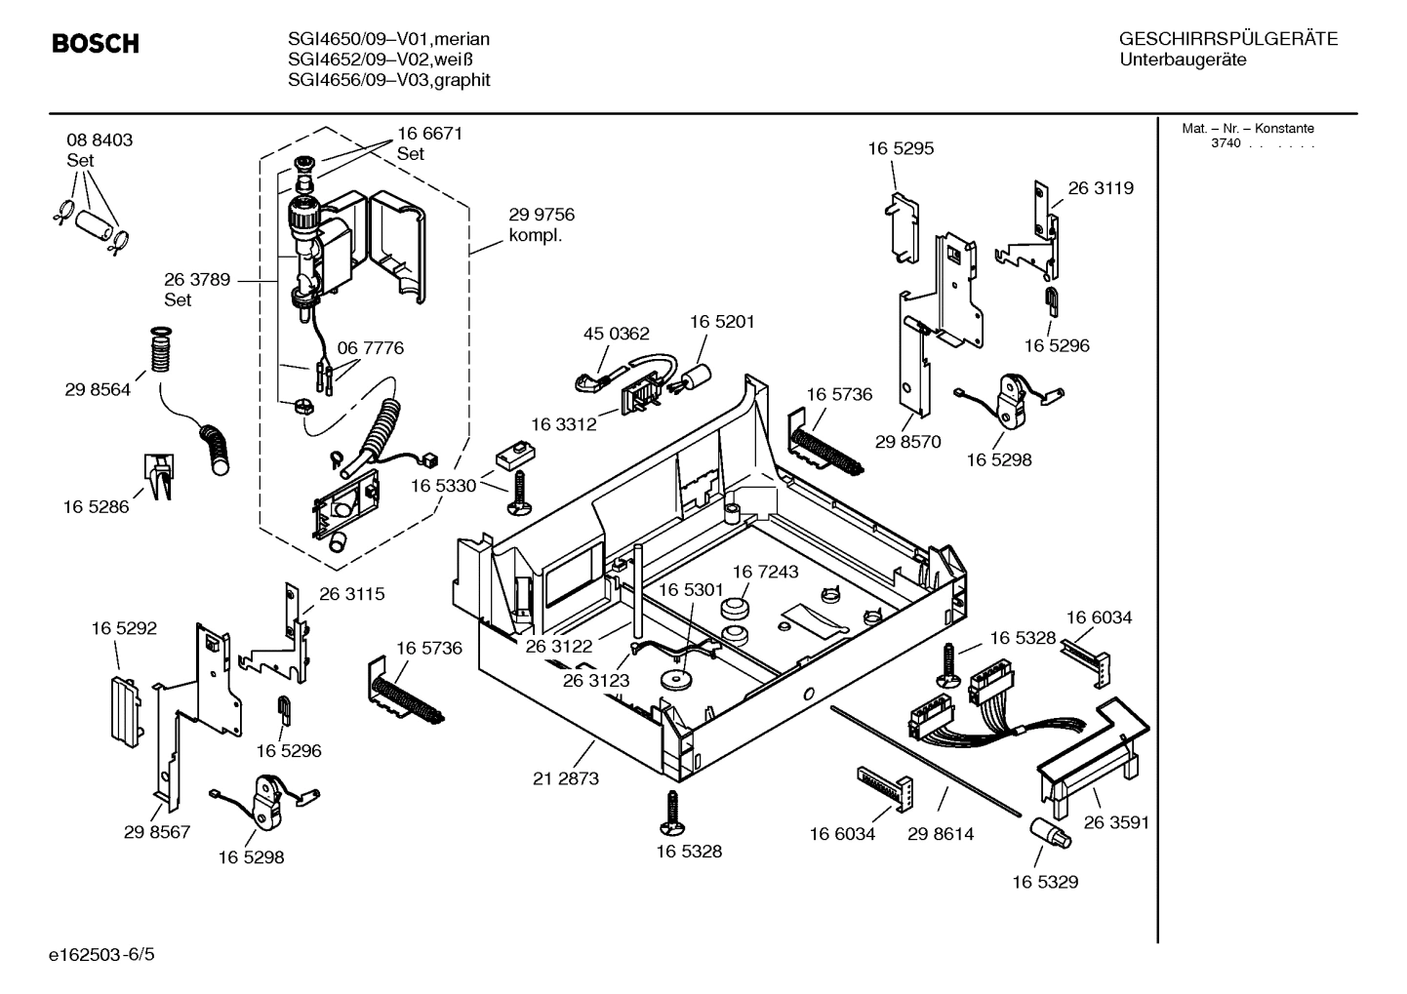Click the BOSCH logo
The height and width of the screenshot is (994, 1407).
pyautogui.click(x=95, y=44)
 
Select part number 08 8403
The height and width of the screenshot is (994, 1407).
pyautogui.click(x=100, y=140)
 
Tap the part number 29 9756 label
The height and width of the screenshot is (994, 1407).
pyautogui.click(x=542, y=215)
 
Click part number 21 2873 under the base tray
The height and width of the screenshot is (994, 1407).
pyautogui.click(x=566, y=778)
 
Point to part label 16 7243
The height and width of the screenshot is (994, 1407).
pyautogui.click(x=765, y=572)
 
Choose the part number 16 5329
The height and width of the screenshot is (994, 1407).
pyautogui.click(x=1044, y=882)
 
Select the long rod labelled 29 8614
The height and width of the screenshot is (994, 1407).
pyautogui.click(x=927, y=760)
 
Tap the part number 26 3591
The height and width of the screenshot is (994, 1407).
pyautogui.click(x=1116, y=822)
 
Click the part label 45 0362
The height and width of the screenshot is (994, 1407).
pyautogui.click(x=616, y=334)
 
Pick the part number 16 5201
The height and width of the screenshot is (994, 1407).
pyautogui.click(x=722, y=322)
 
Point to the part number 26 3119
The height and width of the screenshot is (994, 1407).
pyautogui.click(x=1101, y=188)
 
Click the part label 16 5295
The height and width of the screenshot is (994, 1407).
pyautogui.click(x=901, y=148)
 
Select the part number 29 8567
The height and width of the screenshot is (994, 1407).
pyautogui.click(x=157, y=832)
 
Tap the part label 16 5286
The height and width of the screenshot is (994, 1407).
pyautogui.click(x=96, y=507)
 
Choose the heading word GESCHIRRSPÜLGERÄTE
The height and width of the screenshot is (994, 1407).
pyautogui.click(x=1227, y=39)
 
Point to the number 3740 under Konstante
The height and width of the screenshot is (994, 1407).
pyautogui.click(x=1226, y=143)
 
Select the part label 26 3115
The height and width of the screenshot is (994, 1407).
pyautogui.click(x=351, y=593)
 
